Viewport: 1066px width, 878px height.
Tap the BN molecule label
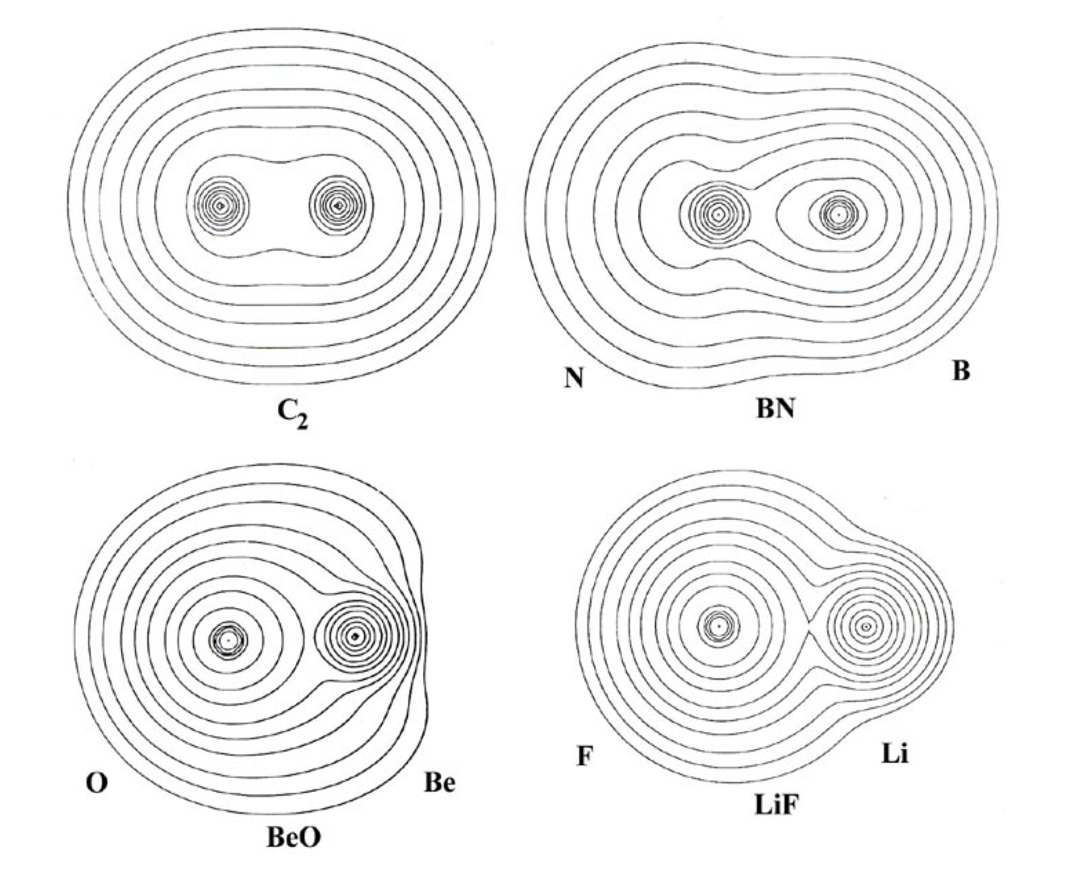click(x=775, y=409)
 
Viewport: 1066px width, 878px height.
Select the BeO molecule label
click(x=293, y=837)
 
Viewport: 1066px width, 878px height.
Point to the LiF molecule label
click(x=776, y=805)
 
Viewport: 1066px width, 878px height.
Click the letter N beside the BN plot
click(x=574, y=379)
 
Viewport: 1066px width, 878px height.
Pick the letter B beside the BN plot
click(x=960, y=371)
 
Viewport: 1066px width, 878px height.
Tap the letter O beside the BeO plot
click(x=97, y=784)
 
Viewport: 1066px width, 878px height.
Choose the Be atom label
click(x=439, y=783)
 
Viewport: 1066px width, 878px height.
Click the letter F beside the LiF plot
click(x=585, y=756)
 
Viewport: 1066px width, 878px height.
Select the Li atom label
click(x=895, y=753)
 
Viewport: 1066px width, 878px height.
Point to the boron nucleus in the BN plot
click(x=838, y=214)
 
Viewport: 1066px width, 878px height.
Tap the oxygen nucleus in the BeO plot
click(x=228, y=641)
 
